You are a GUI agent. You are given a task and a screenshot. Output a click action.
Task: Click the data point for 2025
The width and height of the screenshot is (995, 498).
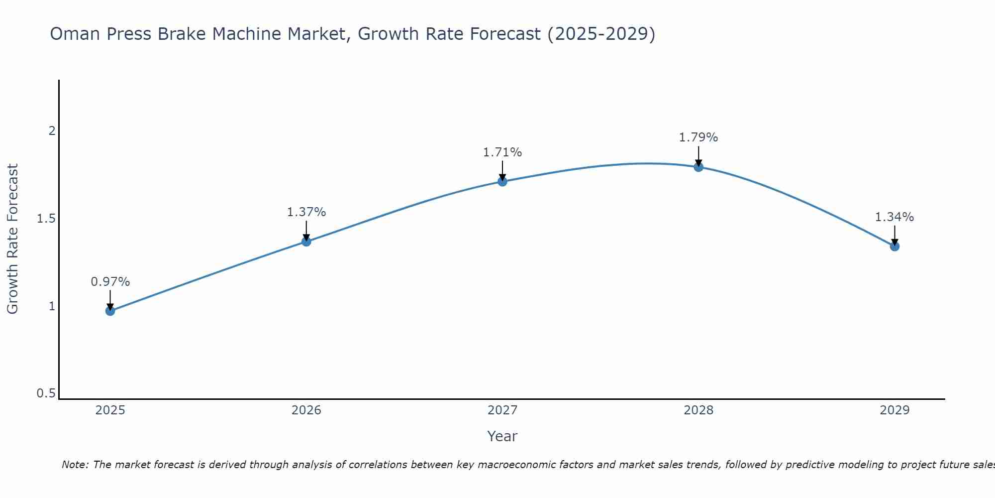click(110, 311)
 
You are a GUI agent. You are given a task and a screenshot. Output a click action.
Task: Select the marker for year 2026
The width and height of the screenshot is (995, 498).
click(306, 242)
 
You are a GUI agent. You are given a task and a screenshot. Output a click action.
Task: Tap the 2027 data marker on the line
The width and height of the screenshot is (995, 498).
click(502, 181)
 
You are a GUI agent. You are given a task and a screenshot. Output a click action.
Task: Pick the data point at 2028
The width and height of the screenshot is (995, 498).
click(698, 167)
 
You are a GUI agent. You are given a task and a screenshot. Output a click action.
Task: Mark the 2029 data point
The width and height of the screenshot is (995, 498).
click(895, 246)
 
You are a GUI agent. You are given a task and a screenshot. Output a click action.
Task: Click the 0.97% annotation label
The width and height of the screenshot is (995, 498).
click(110, 282)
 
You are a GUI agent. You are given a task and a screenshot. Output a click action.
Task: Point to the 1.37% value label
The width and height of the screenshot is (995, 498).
click(306, 212)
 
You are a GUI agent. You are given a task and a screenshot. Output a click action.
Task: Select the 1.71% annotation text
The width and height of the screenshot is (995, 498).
click(502, 152)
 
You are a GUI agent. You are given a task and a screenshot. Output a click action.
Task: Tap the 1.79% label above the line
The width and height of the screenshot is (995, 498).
click(698, 137)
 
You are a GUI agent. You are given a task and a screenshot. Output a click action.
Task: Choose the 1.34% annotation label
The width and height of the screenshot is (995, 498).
click(895, 217)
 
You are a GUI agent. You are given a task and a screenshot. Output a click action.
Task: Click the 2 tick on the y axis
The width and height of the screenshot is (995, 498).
click(51, 131)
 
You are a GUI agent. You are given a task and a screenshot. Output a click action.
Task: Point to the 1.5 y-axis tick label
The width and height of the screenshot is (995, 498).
click(46, 219)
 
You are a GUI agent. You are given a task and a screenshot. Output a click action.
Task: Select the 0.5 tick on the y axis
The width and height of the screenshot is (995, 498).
click(46, 393)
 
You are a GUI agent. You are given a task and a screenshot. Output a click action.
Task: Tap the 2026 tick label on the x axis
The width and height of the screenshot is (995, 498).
click(306, 410)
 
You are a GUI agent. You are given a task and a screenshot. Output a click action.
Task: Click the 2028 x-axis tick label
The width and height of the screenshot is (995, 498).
click(698, 410)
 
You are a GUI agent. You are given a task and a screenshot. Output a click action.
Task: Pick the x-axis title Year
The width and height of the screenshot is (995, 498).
click(502, 436)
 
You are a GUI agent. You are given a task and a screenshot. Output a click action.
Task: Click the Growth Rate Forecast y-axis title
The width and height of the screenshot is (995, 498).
click(13, 239)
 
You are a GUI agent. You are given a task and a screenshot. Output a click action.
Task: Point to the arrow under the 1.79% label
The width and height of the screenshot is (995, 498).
click(698, 156)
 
